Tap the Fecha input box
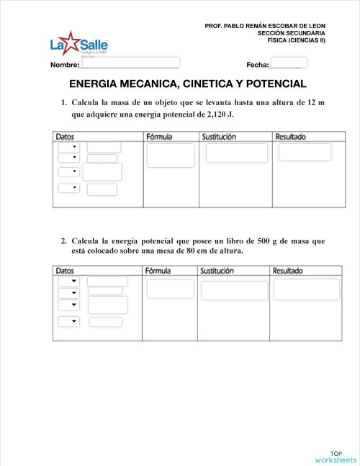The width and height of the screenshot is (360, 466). coord(289,63)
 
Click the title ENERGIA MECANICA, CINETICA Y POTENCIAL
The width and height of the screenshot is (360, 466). coord(187,84)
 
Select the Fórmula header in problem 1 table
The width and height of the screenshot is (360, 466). coord(158,136)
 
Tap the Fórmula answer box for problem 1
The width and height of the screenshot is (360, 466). coord(170,156)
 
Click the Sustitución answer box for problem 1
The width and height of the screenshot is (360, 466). coord(236,153)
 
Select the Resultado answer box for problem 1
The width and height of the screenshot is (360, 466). coord(305,152)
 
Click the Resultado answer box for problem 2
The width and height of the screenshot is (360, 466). coord(306,290)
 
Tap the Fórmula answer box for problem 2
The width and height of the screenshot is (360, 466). coord(170,289)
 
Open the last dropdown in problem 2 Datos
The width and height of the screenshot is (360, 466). coord(69,321)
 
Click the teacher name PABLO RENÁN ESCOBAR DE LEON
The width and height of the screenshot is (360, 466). coord(274,26)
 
